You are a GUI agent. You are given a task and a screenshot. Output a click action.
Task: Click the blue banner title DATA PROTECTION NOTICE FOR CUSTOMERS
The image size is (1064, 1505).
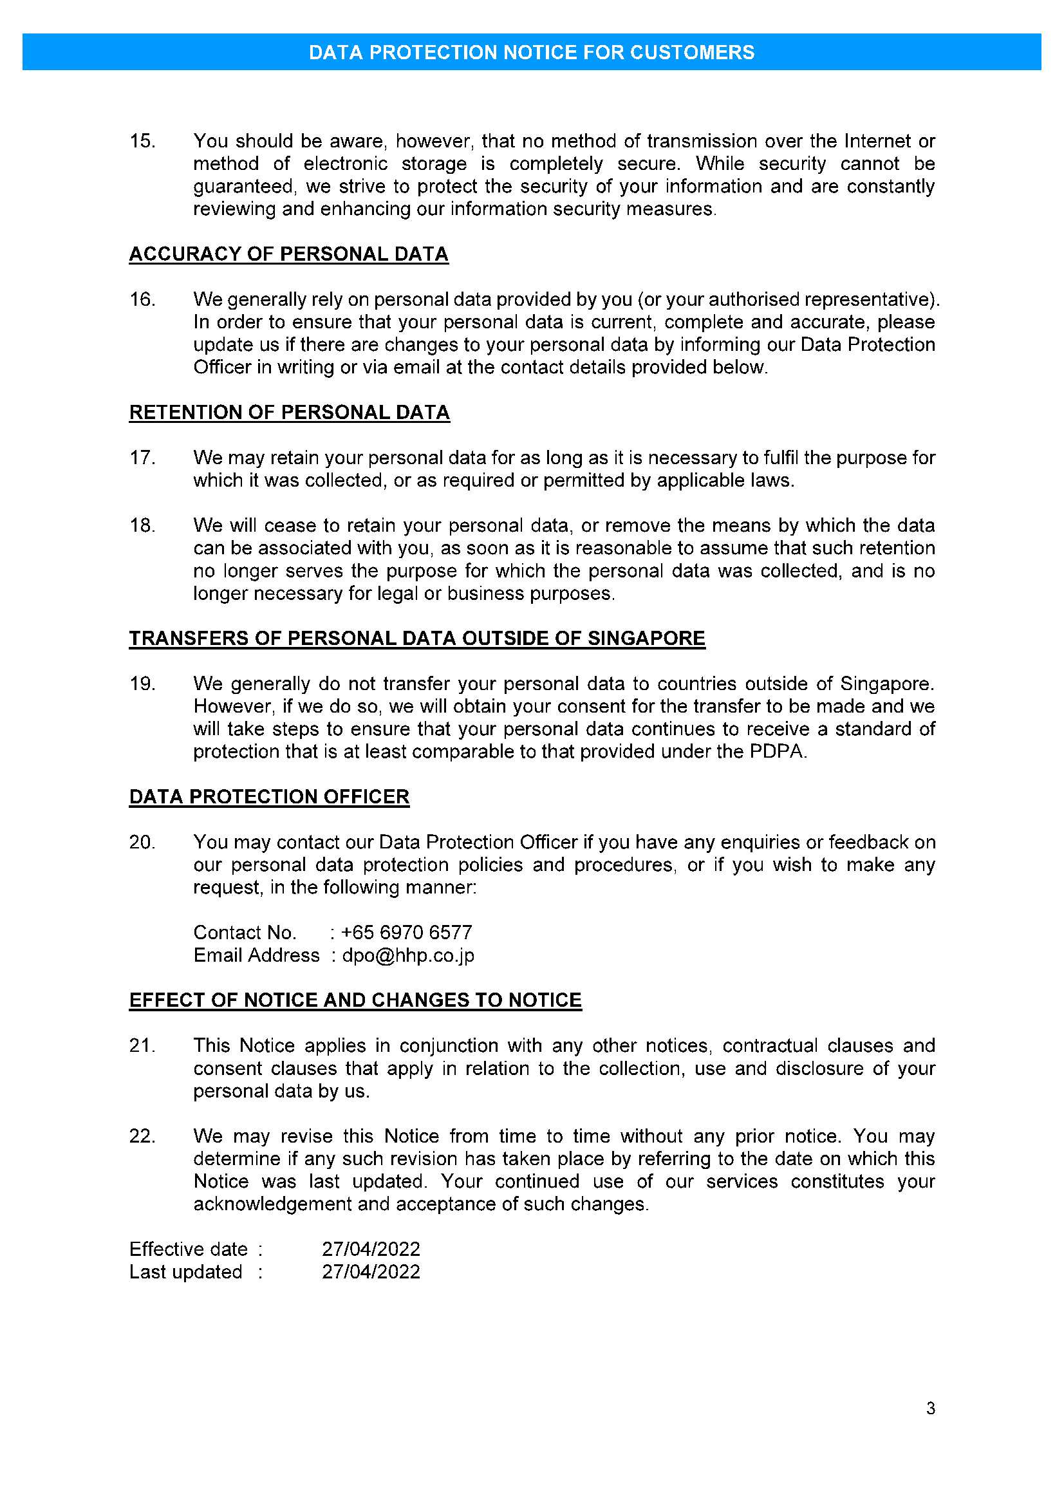click(531, 52)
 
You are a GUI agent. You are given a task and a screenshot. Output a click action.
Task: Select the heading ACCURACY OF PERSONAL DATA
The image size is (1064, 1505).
click(288, 254)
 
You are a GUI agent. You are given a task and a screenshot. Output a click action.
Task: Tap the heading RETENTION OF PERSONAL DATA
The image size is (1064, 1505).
click(289, 413)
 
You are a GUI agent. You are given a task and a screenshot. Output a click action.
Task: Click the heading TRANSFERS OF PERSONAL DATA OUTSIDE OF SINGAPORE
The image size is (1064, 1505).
click(416, 639)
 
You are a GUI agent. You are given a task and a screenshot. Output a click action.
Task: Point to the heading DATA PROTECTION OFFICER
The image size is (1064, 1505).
click(269, 796)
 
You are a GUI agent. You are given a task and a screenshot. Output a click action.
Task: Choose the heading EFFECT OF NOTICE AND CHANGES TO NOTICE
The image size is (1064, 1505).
click(355, 1000)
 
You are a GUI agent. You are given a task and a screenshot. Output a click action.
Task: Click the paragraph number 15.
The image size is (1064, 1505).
click(142, 142)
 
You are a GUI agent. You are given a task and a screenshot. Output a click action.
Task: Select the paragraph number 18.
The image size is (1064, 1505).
click(142, 526)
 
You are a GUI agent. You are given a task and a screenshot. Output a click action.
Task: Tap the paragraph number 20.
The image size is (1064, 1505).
click(142, 843)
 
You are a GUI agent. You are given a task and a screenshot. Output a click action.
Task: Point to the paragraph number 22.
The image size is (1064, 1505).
click(142, 1136)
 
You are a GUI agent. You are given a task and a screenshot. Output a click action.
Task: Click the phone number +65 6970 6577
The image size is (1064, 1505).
click(406, 932)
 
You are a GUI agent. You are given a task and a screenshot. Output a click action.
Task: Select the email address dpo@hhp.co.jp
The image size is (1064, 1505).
click(407, 955)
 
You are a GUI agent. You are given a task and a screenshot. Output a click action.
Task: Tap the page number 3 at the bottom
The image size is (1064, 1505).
click(930, 1408)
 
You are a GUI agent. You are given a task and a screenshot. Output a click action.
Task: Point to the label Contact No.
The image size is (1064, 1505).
click(245, 932)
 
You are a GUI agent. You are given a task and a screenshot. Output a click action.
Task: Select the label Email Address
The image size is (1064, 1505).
click(256, 955)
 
